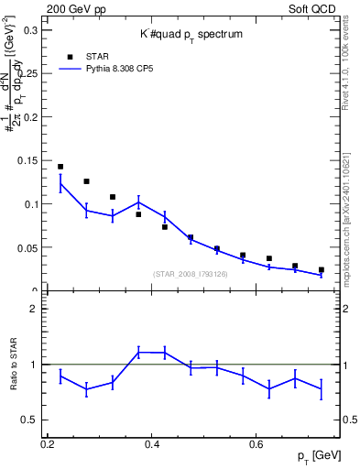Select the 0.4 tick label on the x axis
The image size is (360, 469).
point(152,444)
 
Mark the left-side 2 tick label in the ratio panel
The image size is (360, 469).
point(38,309)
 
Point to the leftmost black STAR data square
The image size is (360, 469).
point(60,167)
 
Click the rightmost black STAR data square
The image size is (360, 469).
point(322,270)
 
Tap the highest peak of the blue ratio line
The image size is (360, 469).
point(139,352)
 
